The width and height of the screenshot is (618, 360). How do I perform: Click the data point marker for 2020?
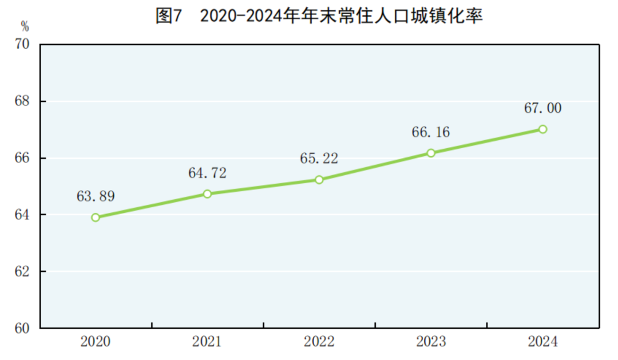(x=96, y=217)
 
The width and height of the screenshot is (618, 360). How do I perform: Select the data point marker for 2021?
(x=207, y=194)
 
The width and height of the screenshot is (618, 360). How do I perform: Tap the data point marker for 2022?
(x=319, y=180)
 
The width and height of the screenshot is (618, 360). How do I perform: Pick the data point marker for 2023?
(x=431, y=153)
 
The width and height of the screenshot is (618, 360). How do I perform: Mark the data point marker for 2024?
(x=542, y=129)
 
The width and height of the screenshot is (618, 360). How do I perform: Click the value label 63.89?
(x=96, y=196)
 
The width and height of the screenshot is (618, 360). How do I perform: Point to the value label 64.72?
(x=207, y=173)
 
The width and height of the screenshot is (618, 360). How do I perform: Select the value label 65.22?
(x=319, y=159)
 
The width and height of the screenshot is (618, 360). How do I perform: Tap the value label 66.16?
(x=431, y=132)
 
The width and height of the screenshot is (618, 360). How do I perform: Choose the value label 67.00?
(x=542, y=108)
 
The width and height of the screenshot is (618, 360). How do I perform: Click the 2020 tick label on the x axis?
(x=96, y=342)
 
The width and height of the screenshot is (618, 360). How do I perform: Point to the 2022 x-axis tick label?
(x=319, y=342)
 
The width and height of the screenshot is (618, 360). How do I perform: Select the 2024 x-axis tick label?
(x=542, y=342)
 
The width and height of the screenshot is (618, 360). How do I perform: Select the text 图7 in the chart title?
(x=169, y=16)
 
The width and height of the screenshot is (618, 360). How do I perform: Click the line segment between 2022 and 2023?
(x=375, y=167)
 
